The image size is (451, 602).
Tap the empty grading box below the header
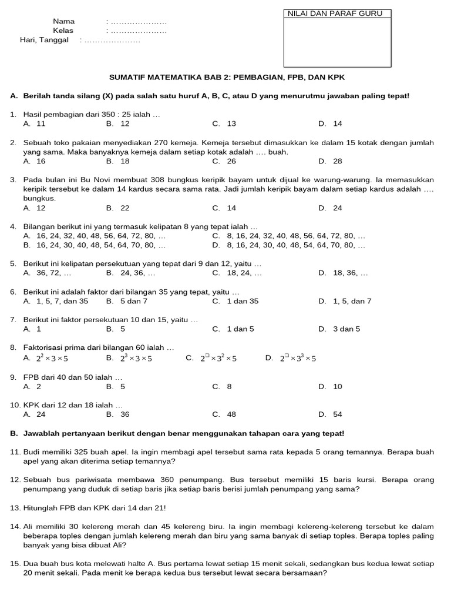[x=337, y=42]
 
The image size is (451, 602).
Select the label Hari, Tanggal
[x=44, y=40]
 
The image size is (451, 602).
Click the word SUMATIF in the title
[x=127, y=76]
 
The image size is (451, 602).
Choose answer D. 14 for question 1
[x=330, y=123]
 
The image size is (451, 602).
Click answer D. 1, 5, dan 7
[x=345, y=301]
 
